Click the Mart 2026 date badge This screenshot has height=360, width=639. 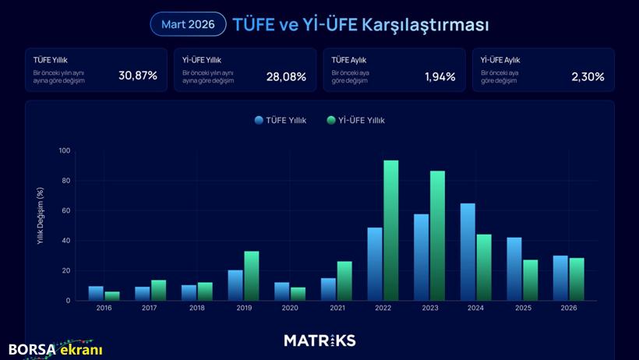coord(188,24)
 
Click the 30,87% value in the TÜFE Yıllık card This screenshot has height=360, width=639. coord(138,76)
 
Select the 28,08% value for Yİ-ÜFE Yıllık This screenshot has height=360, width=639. coord(286,76)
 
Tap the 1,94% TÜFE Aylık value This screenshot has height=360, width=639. coord(440,76)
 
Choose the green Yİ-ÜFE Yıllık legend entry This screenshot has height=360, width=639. coord(356,120)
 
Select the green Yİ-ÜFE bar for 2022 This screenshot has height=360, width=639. coord(391,231)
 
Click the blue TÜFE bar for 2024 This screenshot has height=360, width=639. coord(468,252)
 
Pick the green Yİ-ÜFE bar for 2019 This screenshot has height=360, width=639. coord(252,276)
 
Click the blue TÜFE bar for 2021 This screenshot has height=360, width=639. coord(328,289)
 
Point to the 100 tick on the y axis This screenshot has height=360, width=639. coord(64,150)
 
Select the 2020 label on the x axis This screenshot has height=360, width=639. coord(290,309)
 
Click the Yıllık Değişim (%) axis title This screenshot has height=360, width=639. coord(41,217)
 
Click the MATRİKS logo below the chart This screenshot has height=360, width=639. coord(319,341)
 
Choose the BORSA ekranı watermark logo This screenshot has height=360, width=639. coord(55,349)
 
